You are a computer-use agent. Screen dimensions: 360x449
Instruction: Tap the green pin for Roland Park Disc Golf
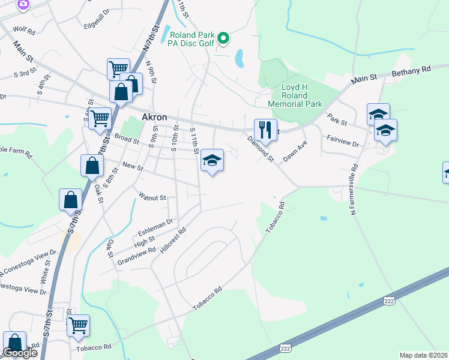pyautogui.click(x=223, y=40)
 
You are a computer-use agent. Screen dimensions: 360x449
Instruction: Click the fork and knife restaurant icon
pyautogui.click(x=264, y=129)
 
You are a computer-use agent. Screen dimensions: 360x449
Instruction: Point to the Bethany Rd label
pyautogui.click(x=411, y=70)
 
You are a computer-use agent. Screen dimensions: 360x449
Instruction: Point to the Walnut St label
pyautogui.click(x=152, y=196)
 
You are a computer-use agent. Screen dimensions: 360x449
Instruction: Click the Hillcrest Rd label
pyautogui.click(x=174, y=239)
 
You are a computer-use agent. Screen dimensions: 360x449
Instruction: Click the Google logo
pyautogui.click(x=20, y=353)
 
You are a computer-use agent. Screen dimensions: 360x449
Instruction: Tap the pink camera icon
pyautogui.click(x=23, y=4)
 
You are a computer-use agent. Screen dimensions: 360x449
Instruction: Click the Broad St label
pyautogui.click(x=127, y=140)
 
